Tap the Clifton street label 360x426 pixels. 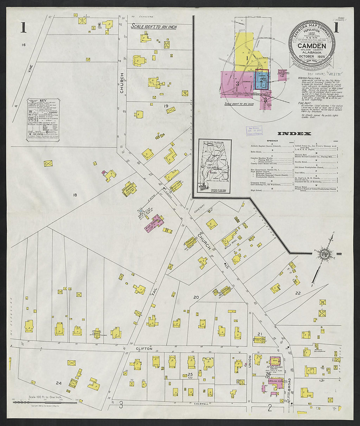[x=144, y=349]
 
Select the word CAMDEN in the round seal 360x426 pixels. [x=312, y=46]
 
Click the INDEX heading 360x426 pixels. [x=294, y=134]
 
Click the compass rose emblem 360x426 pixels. [x=325, y=254]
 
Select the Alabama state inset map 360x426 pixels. [x=214, y=165]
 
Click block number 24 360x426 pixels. [x=59, y=383]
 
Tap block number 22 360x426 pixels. [x=297, y=293]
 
